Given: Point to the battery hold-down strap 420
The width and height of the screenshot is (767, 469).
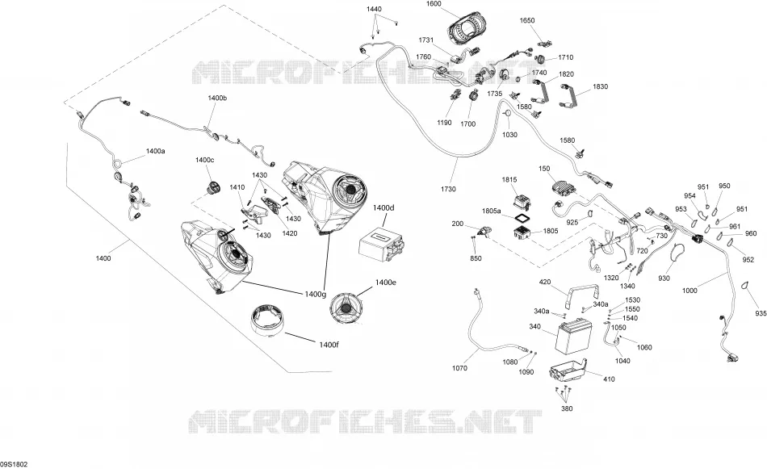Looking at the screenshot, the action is (x=583, y=294).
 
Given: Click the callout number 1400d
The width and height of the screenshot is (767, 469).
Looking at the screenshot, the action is (x=383, y=207).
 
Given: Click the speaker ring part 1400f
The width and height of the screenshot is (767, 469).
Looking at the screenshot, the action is (x=267, y=320).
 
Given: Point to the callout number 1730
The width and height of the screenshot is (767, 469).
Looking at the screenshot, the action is (x=448, y=189).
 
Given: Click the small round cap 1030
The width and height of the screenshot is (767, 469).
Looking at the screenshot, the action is (x=508, y=114).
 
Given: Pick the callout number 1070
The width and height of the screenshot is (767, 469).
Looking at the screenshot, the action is (x=460, y=368).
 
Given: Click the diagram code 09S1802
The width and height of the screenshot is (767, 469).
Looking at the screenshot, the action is (x=14, y=463).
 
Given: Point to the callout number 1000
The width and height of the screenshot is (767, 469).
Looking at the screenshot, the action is (x=689, y=291).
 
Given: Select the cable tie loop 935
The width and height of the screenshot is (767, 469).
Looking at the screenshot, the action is (x=747, y=286).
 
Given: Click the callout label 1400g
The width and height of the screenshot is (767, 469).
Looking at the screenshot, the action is (x=315, y=294).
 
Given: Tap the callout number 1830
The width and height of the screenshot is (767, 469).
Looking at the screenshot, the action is (x=600, y=86).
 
